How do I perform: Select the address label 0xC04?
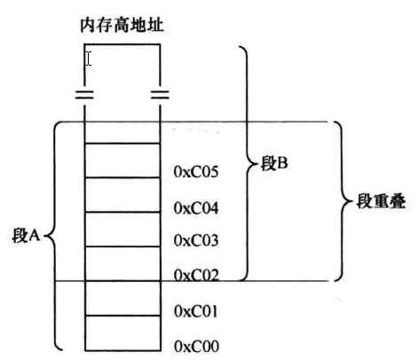coord(197,208)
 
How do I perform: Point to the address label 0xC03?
coord(197,240)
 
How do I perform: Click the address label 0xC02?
coord(197,275)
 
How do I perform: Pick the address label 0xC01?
coord(197,311)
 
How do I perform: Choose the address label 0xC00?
coord(197,344)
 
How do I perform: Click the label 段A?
coord(27,237)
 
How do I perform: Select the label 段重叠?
coord(381,202)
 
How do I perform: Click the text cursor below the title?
coord(88,59)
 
